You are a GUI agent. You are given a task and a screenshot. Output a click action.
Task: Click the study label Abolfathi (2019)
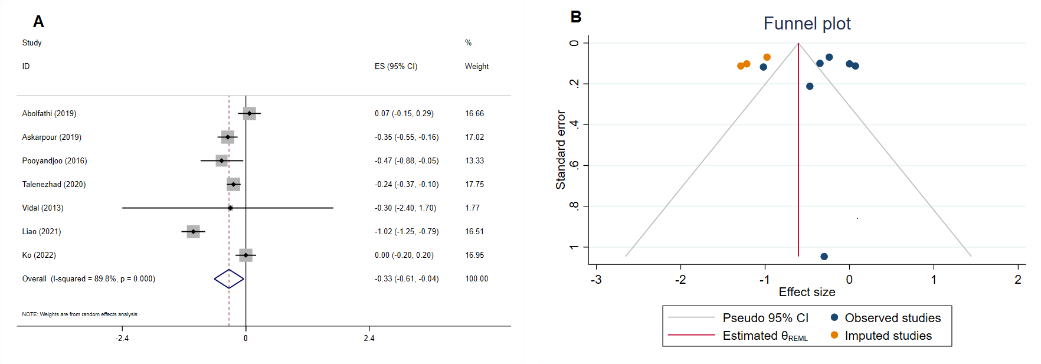pyautogui.click(x=49, y=113)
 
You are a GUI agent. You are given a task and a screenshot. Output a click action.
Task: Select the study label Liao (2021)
pyautogui.click(x=41, y=231)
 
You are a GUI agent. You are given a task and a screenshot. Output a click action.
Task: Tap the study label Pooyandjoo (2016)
pyautogui.click(x=54, y=160)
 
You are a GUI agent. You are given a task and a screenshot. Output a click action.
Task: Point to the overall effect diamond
pyautogui.click(x=229, y=278)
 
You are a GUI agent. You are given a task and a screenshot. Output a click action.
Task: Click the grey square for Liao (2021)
pyautogui.click(x=193, y=231)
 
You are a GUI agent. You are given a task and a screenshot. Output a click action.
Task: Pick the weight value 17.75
pyautogui.click(x=474, y=184)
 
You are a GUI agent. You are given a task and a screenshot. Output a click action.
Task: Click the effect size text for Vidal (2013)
pyautogui.click(x=405, y=208)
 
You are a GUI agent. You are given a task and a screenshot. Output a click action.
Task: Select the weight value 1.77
pyautogui.click(x=472, y=208)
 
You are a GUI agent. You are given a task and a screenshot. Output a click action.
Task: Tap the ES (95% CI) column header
pyautogui.click(x=395, y=66)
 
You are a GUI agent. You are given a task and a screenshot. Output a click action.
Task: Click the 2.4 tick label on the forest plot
pyautogui.click(x=369, y=338)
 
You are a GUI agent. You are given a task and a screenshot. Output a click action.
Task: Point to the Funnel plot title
pyautogui.click(x=807, y=24)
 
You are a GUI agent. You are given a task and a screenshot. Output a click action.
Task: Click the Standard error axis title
pyautogui.click(x=561, y=150)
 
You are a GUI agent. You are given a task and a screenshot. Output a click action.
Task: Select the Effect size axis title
pyautogui.click(x=807, y=292)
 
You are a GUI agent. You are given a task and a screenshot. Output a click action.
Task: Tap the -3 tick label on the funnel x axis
pyautogui.click(x=596, y=280)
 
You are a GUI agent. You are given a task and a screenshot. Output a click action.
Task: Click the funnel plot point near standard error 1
pyautogui.click(x=824, y=257)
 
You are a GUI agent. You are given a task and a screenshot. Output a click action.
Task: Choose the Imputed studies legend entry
pyautogui.click(x=888, y=336)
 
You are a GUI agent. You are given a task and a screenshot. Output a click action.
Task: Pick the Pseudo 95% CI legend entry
pyautogui.click(x=765, y=318)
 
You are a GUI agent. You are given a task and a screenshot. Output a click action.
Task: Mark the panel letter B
pyautogui.click(x=576, y=17)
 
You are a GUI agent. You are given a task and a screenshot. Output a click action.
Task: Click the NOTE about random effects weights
pyautogui.click(x=80, y=314)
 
